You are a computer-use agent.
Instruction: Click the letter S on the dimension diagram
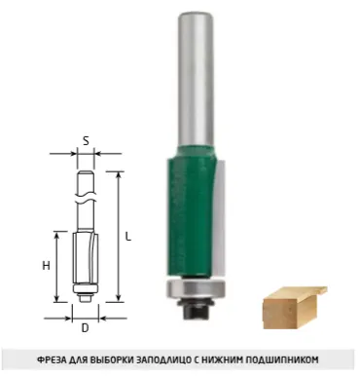coord(86,140)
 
